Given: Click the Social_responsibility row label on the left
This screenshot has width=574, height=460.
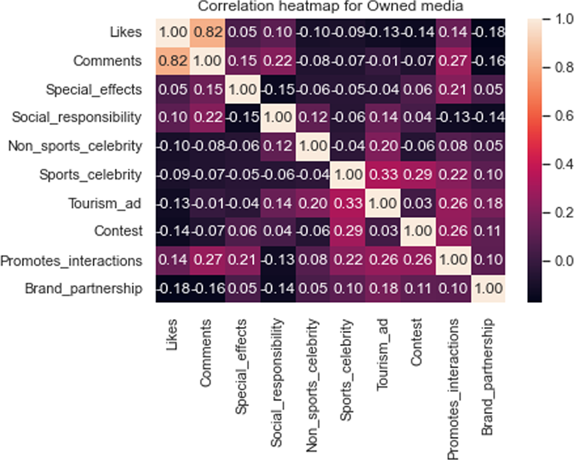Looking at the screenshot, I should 77,118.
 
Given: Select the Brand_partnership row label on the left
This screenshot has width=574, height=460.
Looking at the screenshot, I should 83,288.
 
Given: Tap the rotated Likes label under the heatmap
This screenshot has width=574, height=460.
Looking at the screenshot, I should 173,337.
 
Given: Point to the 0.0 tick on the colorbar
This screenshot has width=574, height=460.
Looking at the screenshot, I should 558,261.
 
